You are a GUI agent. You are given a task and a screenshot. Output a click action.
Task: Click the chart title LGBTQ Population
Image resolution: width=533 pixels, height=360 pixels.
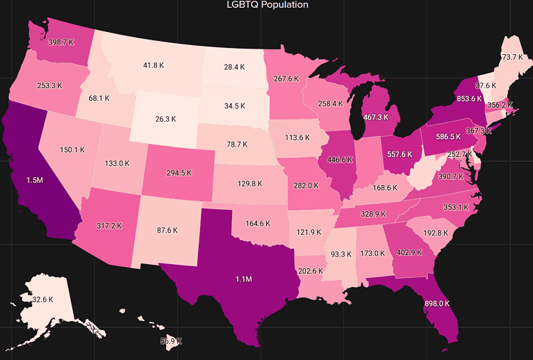pyautogui.click(x=268, y=5)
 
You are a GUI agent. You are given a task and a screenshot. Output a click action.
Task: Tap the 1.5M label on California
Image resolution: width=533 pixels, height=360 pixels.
pyautogui.click(x=34, y=180)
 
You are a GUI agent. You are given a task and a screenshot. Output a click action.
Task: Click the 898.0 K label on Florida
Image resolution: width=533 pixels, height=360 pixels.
pyautogui.click(x=436, y=304)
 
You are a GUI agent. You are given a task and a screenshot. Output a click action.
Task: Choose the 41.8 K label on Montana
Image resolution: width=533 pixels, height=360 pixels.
pyautogui.click(x=154, y=65)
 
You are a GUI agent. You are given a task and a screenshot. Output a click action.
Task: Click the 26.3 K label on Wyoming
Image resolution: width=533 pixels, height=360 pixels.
pyautogui.click(x=165, y=119)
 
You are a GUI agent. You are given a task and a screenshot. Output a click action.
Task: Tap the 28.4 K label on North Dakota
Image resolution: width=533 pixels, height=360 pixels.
pyautogui.click(x=234, y=67)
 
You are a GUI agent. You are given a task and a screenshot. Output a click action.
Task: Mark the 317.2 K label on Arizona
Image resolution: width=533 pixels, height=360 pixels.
pyautogui.click(x=109, y=226)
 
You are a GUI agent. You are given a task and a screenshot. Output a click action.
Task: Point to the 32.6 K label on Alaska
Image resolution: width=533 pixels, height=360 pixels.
pyautogui.click(x=38, y=299)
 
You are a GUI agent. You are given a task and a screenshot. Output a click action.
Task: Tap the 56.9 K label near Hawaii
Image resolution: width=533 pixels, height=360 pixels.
pyautogui.click(x=171, y=341)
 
